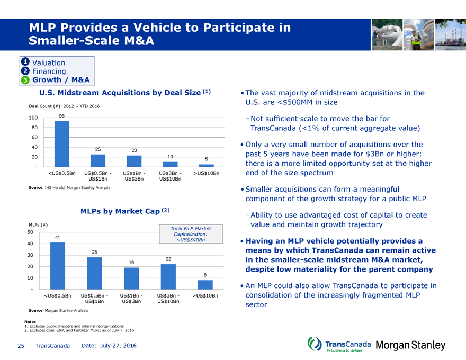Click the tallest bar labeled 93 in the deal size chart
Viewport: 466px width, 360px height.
coord(62,143)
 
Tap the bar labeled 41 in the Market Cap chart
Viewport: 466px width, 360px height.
coord(58,266)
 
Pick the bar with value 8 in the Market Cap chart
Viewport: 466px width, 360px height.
coord(205,284)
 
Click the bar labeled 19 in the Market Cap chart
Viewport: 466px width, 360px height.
coord(131,278)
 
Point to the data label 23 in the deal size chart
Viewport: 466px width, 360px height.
coord(135,150)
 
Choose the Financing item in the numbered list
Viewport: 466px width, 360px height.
coord(49,71)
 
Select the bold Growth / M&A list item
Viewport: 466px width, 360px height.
coord(61,80)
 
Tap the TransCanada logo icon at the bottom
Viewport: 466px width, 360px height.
coord(314,345)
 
